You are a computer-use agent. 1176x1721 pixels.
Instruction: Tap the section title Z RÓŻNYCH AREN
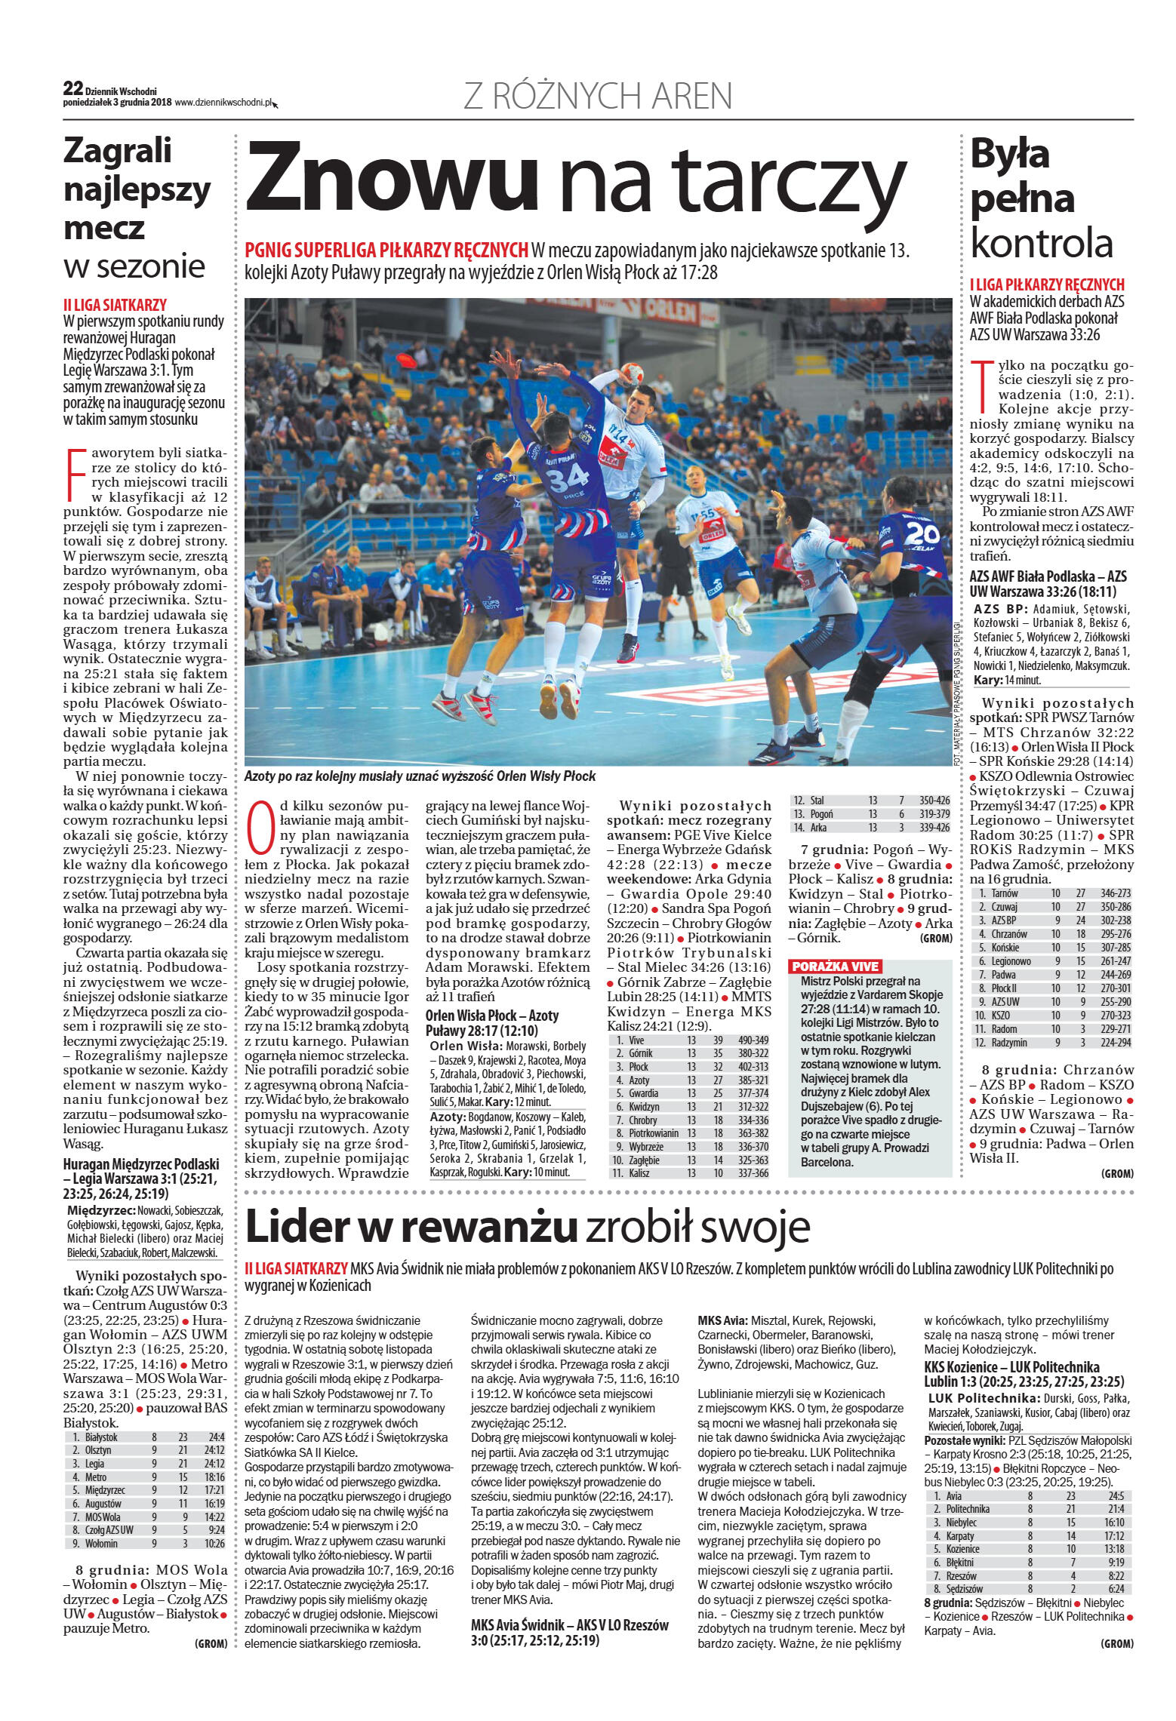(597, 97)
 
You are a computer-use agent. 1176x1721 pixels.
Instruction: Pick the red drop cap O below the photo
(260, 828)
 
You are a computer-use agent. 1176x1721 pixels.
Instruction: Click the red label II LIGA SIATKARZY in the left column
(115, 306)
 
